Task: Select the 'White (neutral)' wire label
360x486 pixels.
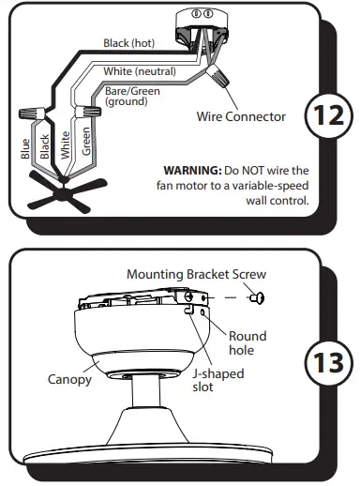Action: point(144,72)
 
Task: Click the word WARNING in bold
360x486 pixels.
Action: point(190,170)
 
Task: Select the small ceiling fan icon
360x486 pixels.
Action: point(61,194)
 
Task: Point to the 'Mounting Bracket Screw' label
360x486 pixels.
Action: point(197,274)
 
